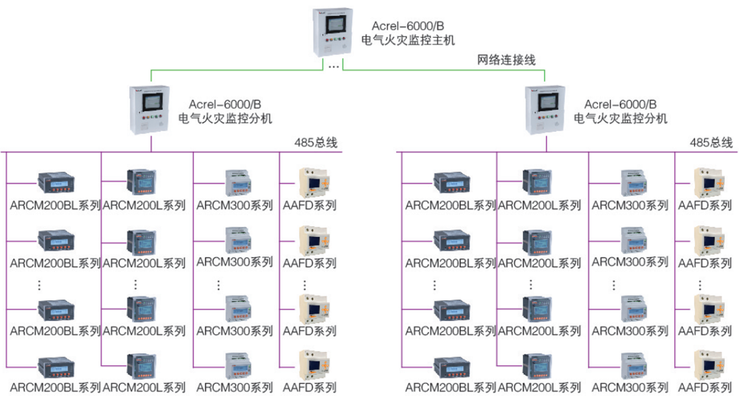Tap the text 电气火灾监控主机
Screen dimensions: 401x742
[x=408, y=40]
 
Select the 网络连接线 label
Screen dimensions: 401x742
[x=506, y=60]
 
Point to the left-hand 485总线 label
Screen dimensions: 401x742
[x=316, y=143]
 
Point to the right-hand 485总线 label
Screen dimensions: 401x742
[x=711, y=143]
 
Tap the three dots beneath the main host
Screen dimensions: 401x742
[x=334, y=66]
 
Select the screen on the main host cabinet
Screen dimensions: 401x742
[x=333, y=25]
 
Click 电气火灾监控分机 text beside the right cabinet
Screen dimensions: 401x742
[x=621, y=119]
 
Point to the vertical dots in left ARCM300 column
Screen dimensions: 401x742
[x=219, y=284]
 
